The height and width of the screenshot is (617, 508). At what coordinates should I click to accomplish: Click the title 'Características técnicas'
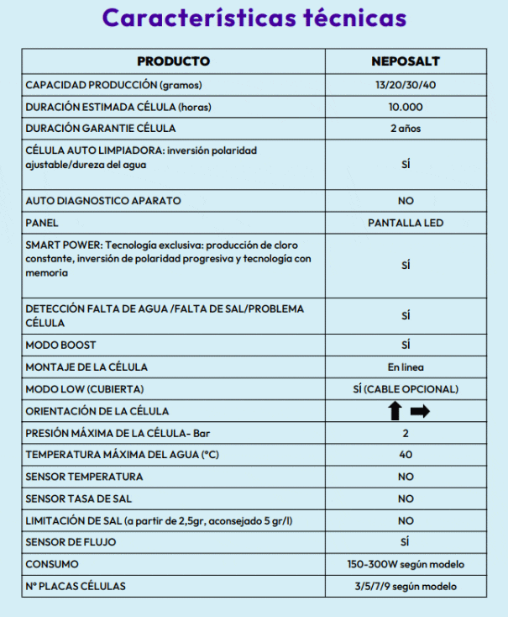click(254, 18)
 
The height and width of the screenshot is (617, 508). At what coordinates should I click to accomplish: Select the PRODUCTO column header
click(173, 61)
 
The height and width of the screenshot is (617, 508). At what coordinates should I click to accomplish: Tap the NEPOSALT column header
click(406, 61)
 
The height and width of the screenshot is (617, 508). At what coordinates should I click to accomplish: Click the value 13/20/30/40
click(406, 85)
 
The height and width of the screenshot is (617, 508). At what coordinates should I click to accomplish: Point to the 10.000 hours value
click(406, 107)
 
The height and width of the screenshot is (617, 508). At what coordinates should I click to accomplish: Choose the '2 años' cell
click(406, 129)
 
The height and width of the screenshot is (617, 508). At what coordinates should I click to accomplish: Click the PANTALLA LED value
click(406, 223)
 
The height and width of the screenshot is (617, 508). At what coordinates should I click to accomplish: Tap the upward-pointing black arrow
click(395, 411)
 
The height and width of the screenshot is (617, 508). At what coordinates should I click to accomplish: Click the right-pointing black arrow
click(420, 411)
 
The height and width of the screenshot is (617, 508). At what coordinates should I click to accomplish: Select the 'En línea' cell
click(406, 367)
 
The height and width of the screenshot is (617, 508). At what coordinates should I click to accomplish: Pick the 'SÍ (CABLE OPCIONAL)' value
click(406, 389)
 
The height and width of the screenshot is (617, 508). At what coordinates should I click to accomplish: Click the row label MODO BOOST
click(61, 345)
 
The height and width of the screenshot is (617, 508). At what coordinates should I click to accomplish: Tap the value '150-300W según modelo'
click(406, 564)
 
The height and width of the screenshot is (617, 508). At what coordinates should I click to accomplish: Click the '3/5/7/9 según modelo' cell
click(406, 586)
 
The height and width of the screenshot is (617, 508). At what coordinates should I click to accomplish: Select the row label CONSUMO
click(52, 564)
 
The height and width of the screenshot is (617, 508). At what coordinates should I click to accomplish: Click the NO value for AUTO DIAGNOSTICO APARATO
click(406, 201)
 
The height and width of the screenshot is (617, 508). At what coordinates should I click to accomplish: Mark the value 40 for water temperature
click(406, 455)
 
